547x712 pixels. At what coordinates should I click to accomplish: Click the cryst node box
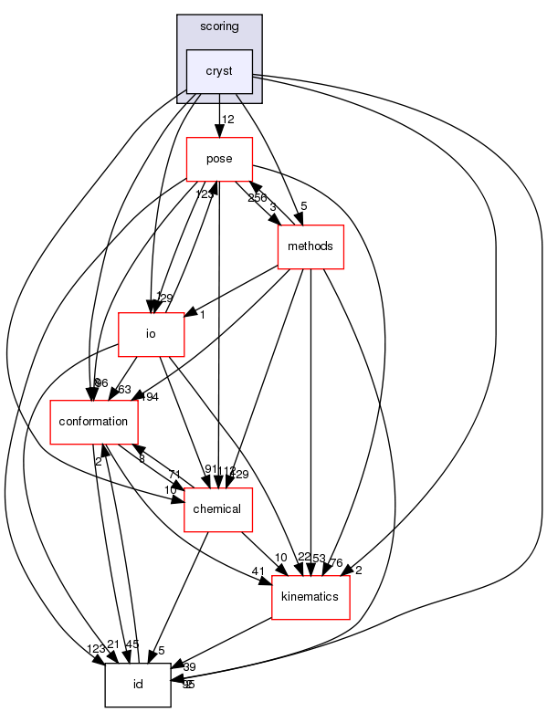click(219, 71)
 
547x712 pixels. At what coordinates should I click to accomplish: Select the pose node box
click(219, 159)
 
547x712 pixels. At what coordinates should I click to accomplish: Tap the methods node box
click(310, 246)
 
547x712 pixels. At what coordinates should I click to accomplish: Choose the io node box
click(152, 334)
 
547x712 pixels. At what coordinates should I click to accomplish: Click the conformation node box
click(94, 422)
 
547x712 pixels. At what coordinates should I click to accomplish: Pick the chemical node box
click(218, 508)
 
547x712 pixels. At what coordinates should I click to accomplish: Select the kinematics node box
click(310, 597)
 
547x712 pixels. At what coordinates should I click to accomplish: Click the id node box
click(138, 684)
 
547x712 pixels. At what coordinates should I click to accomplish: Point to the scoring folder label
click(219, 26)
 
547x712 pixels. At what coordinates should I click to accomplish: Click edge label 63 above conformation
click(125, 390)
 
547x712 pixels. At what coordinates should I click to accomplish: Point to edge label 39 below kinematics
click(189, 667)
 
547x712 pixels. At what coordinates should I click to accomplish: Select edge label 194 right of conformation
click(150, 397)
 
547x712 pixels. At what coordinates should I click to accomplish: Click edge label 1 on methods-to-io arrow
click(201, 314)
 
